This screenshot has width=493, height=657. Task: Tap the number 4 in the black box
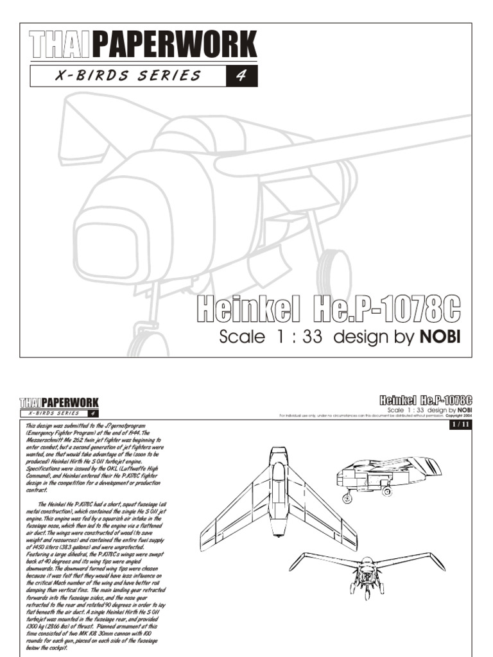coord(242,76)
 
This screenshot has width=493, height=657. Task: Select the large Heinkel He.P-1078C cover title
coord(328,310)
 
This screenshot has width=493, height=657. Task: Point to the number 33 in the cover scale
coord(307,337)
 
